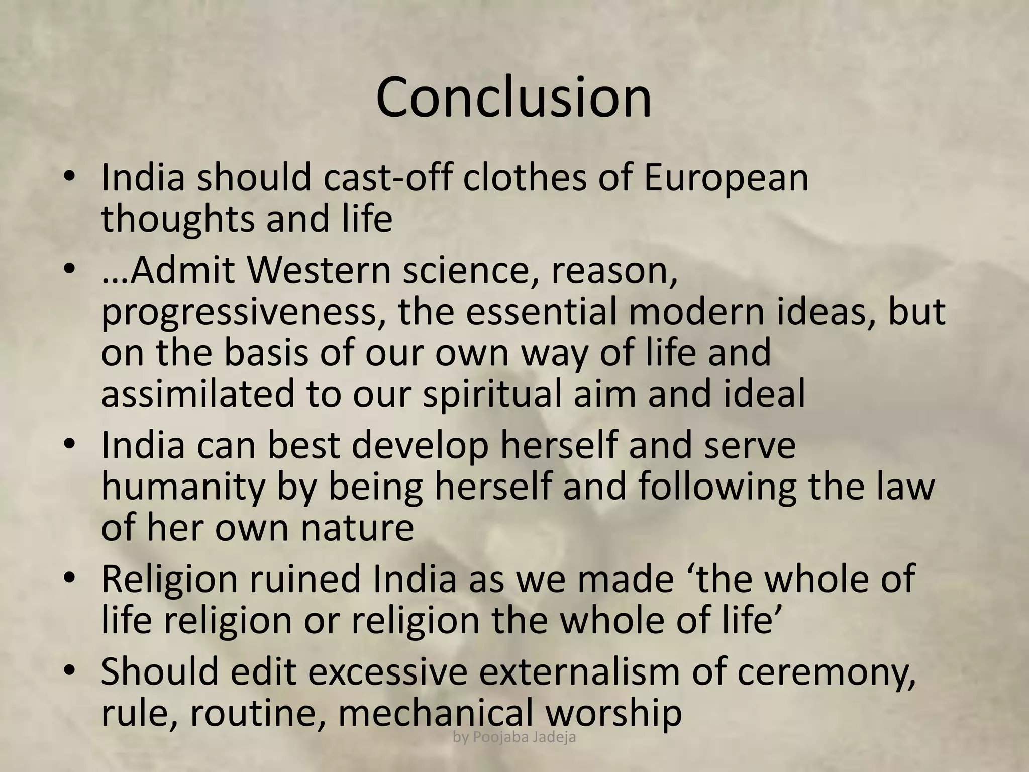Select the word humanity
tap(182, 486)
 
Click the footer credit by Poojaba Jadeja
tap(514, 737)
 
